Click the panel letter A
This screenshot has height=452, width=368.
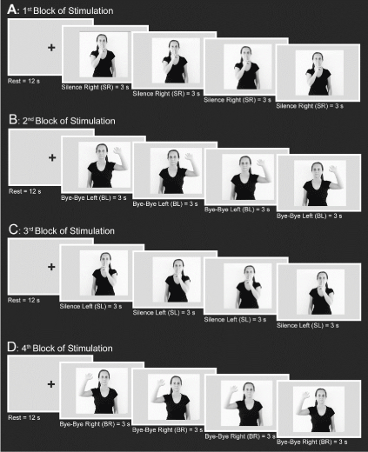pyautogui.click(x=12, y=10)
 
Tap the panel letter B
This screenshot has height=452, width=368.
pyautogui.click(x=13, y=120)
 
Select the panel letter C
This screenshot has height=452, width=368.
pyautogui.click(x=13, y=230)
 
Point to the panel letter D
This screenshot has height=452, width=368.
pyautogui.click(x=12, y=347)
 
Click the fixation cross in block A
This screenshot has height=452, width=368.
pyautogui.click(x=51, y=47)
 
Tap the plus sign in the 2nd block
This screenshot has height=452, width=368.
pyautogui.click(x=52, y=157)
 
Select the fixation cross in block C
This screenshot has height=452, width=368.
pyautogui.click(x=51, y=267)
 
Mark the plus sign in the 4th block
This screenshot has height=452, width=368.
pyautogui.click(x=51, y=384)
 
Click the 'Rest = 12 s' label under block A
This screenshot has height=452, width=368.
pyautogui.click(x=23, y=81)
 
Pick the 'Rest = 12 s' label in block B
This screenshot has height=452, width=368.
pyautogui.click(x=25, y=191)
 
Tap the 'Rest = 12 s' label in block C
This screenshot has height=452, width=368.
pyautogui.click(x=23, y=300)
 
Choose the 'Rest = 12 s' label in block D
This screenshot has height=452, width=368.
pyautogui.click(x=24, y=417)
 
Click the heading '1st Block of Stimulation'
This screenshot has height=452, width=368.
pyautogui.click(x=68, y=10)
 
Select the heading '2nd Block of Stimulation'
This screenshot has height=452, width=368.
pyautogui.click(x=69, y=121)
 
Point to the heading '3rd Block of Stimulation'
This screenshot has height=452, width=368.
pyautogui.click(x=69, y=230)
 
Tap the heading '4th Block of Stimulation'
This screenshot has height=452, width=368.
pyautogui.click(x=67, y=348)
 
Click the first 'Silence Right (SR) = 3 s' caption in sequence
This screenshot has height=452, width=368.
pyautogui.click(x=95, y=87)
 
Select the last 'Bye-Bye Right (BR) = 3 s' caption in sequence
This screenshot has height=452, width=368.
pyautogui.click(x=312, y=442)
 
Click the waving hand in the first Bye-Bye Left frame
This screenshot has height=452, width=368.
pyautogui.click(x=117, y=150)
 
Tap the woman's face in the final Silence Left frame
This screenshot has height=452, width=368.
pyautogui.click(x=323, y=278)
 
